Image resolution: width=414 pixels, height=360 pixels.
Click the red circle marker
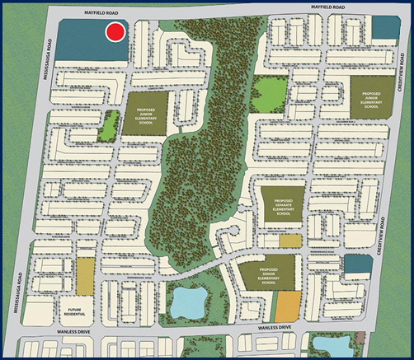[116, 32]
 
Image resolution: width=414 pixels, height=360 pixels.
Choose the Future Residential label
[78, 310]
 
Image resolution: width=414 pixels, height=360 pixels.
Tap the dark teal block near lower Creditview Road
[355, 264]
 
